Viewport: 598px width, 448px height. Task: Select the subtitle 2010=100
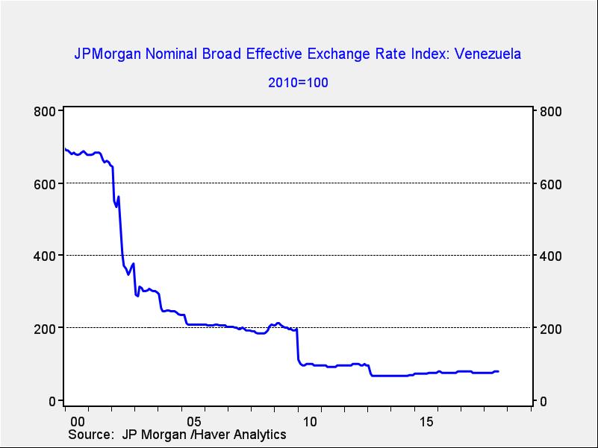click(298, 82)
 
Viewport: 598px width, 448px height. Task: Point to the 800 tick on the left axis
click(46, 112)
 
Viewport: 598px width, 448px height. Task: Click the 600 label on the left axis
click(46, 183)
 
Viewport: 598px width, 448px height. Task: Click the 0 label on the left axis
click(53, 401)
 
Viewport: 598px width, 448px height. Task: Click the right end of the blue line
click(499, 371)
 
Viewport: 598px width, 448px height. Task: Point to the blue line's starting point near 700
click(65, 150)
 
